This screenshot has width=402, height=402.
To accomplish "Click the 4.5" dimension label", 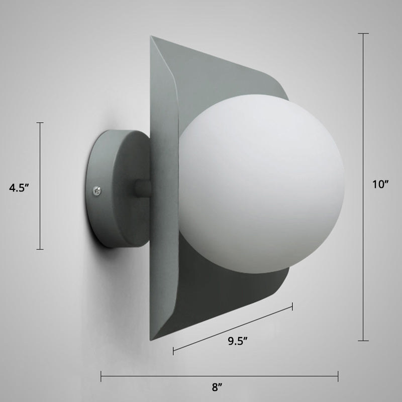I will [20, 188].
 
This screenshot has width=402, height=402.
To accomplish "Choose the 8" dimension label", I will [217, 387].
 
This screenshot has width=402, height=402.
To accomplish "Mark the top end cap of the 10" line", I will [363, 33].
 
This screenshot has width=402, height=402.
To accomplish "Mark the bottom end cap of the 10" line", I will [363, 341].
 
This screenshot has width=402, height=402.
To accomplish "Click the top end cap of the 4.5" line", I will [41, 123].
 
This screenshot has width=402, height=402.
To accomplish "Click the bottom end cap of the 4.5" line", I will [41, 249].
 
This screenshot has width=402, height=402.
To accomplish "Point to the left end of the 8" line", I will [102, 375].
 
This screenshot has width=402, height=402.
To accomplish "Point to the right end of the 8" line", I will [338, 375].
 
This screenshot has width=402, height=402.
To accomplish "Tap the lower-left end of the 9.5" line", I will [174, 350].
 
